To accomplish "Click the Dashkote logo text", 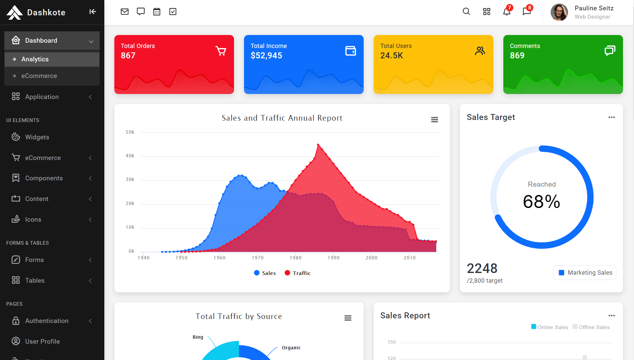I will point(46,12).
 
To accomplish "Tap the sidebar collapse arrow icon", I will point(93,12).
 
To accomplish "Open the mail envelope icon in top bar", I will point(125,12).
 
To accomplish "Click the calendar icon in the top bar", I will point(157,12).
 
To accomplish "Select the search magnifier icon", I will point(466,12).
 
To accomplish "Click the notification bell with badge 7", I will point(507,12).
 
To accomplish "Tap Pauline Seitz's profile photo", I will point(559,12).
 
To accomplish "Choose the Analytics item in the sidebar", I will point(35,59).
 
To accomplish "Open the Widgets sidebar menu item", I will point(37,137).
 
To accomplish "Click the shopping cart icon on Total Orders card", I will point(221,51).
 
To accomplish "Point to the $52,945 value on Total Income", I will point(266,56).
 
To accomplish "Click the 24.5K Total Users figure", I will point(392,56).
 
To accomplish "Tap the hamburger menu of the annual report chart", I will point(434,120).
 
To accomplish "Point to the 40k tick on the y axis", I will point(130,156).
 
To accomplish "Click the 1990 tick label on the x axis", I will point(334,258).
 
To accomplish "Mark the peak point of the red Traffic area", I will point(318,145).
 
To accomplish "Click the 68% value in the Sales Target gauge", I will point(542,202).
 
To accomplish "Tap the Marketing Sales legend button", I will point(585,273).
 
